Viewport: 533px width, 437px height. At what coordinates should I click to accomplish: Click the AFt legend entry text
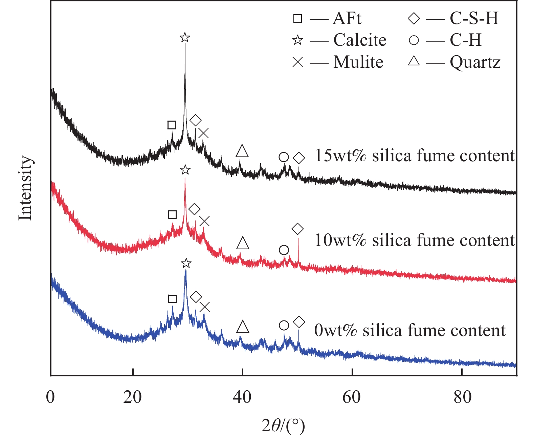[347, 18]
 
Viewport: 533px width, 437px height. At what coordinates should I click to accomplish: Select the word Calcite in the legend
[360, 40]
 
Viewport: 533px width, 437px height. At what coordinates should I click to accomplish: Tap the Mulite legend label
[358, 62]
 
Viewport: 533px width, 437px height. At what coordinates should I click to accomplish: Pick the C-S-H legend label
[474, 18]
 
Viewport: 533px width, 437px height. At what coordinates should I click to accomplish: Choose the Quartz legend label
[475, 62]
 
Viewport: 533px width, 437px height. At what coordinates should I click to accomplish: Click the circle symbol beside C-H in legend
[414, 40]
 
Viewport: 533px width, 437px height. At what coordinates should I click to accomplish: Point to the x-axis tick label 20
[132, 397]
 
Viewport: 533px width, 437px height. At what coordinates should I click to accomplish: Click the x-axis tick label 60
[352, 397]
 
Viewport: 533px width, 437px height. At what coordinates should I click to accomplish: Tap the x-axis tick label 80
[462, 397]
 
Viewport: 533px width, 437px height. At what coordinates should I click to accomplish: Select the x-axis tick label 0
[50, 397]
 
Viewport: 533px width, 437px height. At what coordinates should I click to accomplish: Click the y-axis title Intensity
[26, 188]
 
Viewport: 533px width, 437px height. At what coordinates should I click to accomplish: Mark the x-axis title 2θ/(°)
[283, 425]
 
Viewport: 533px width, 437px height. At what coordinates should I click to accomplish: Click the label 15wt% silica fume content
[415, 156]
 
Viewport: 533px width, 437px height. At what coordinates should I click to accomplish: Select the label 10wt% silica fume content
[415, 241]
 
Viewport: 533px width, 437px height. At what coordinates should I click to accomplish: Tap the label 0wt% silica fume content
[409, 330]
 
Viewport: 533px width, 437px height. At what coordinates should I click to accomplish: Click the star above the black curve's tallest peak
[184, 37]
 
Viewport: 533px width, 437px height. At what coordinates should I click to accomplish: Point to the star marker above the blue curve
[186, 263]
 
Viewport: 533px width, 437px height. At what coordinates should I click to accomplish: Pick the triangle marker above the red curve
[243, 243]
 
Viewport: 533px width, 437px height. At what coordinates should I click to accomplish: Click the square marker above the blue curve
[172, 299]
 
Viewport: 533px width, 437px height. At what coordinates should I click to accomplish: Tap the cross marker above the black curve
[203, 133]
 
